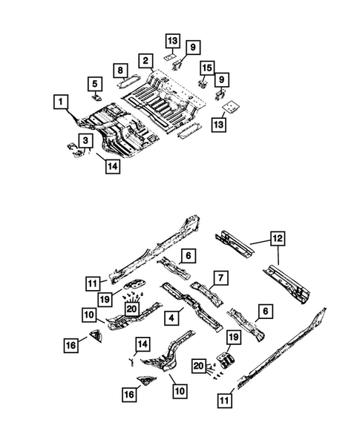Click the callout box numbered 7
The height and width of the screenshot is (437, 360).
point(220,277)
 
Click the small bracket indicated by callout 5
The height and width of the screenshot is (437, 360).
point(96,96)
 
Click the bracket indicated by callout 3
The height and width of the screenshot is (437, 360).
point(74,148)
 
